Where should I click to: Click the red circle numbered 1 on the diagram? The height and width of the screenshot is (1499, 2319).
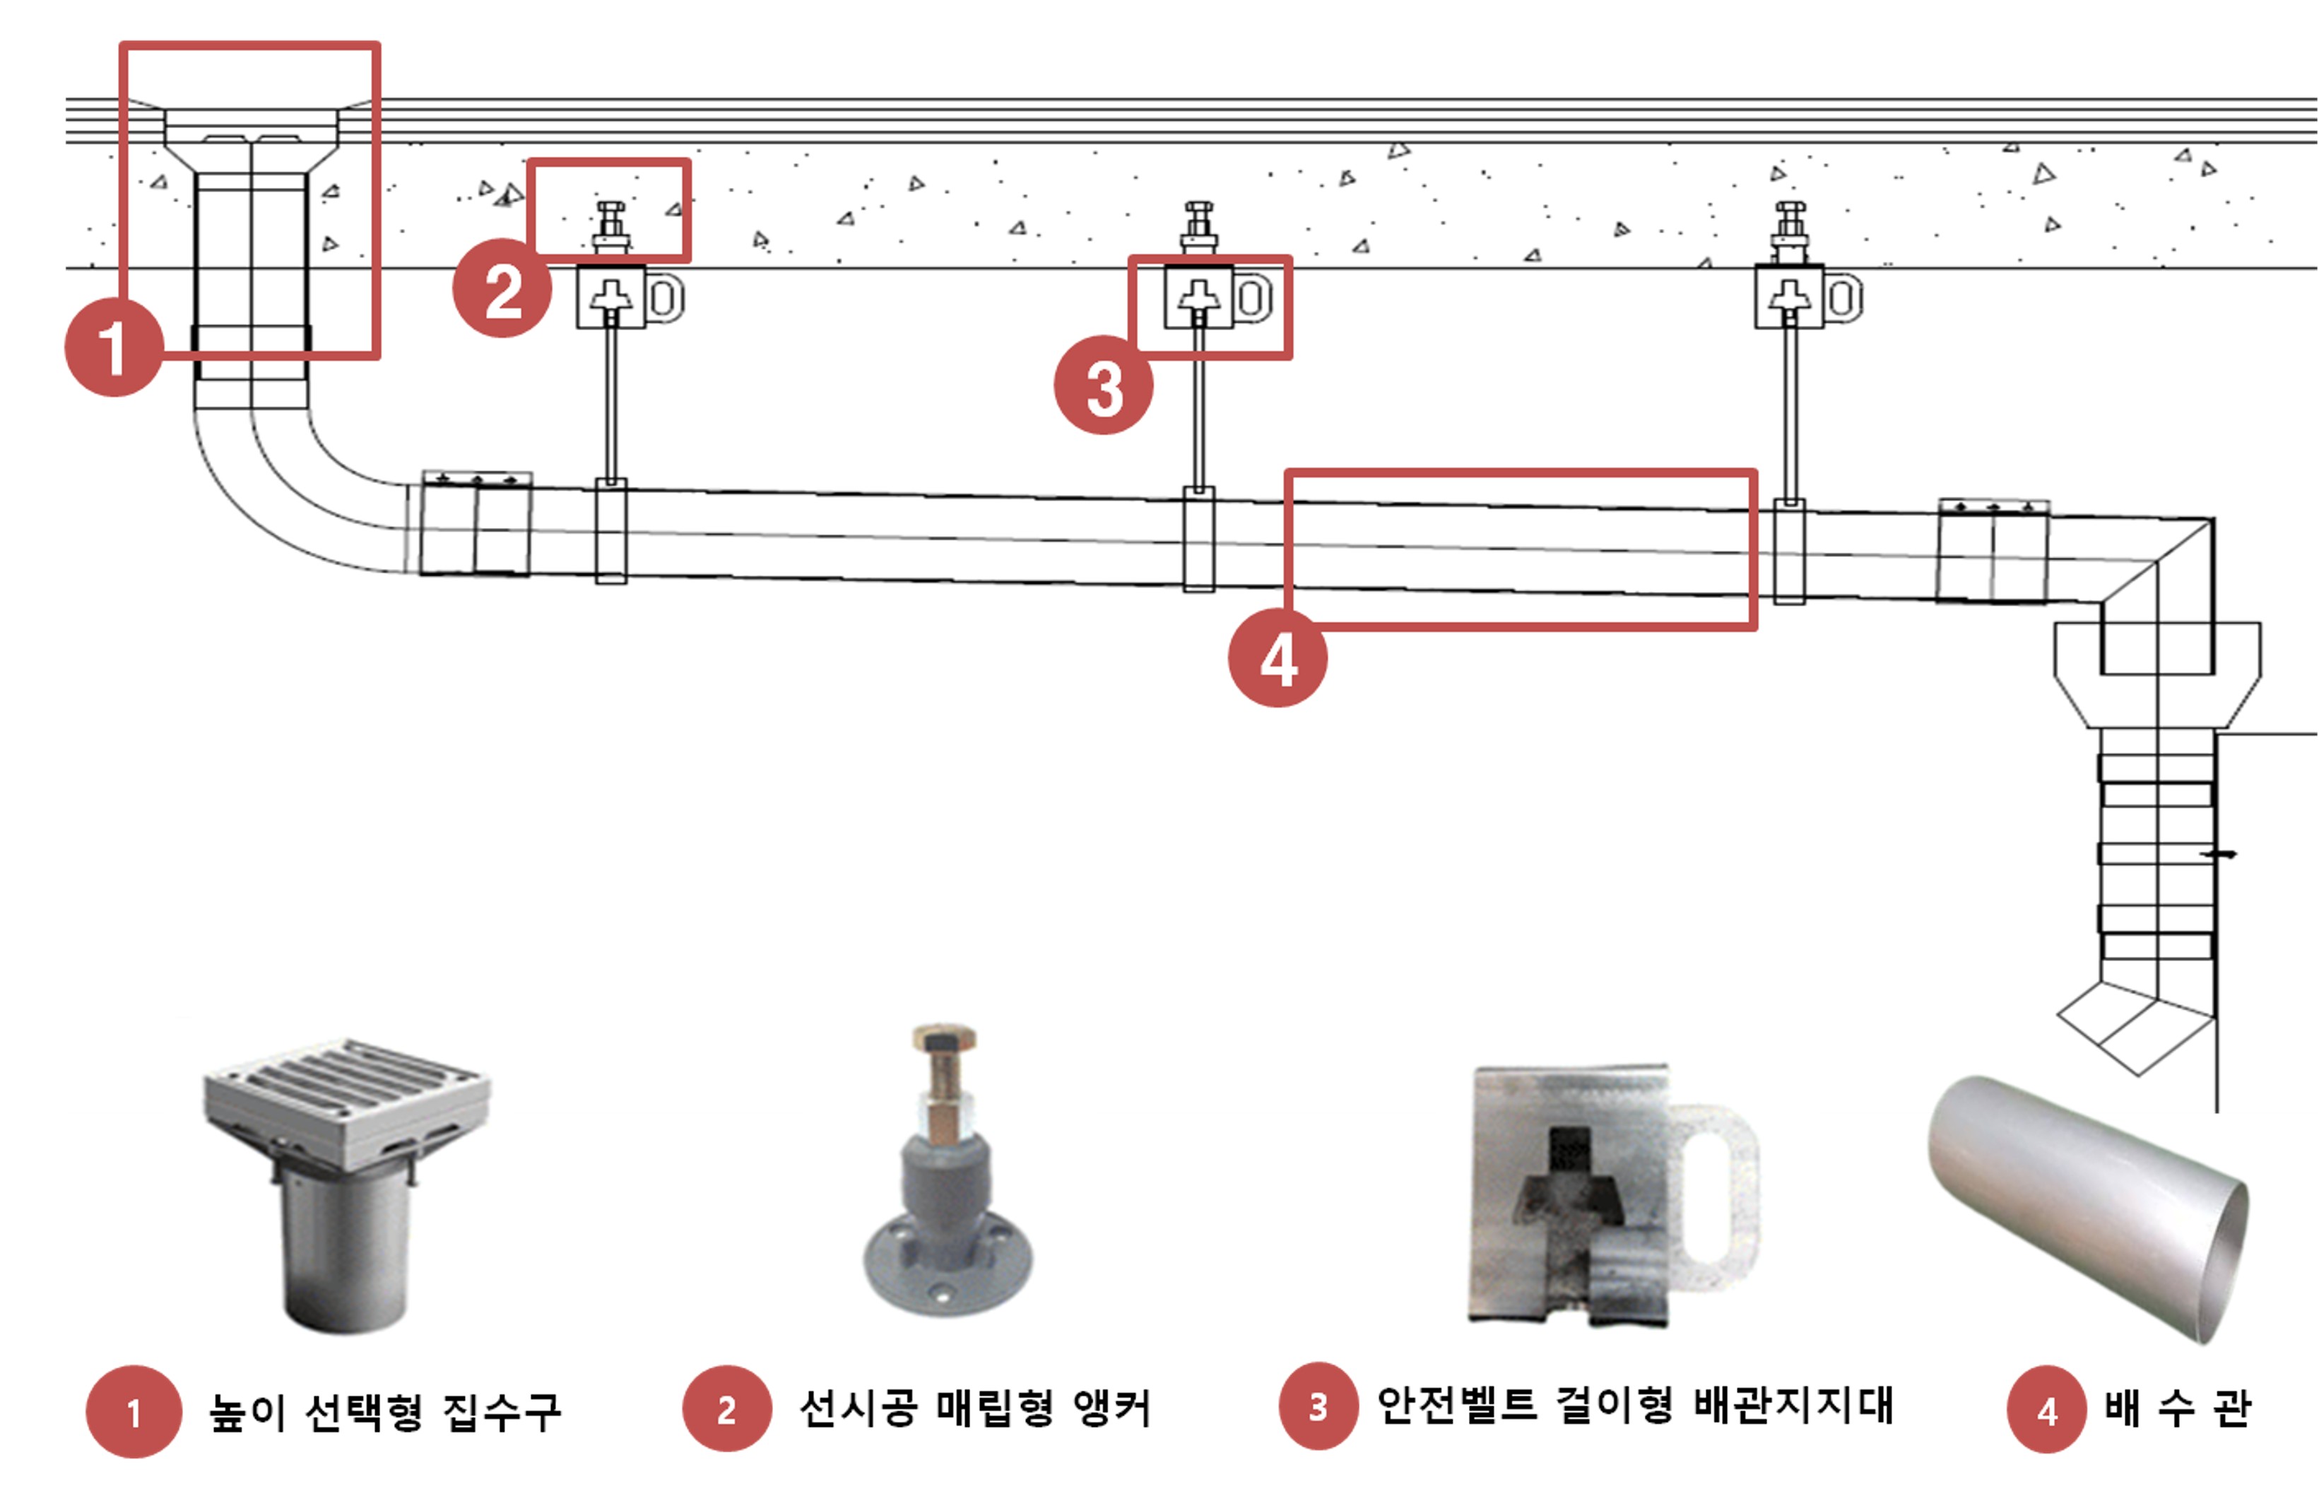coord(114,348)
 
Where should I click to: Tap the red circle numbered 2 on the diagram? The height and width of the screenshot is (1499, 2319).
coord(502,288)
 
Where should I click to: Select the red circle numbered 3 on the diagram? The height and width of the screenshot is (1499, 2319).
coord(1104,385)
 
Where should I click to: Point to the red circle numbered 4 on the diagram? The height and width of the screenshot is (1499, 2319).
coord(1277,658)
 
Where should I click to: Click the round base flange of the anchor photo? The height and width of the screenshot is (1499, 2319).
coord(949,1265)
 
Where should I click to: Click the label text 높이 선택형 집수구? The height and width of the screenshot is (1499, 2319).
coord(384,1411)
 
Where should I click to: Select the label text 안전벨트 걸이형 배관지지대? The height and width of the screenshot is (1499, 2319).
coord(1635,1406)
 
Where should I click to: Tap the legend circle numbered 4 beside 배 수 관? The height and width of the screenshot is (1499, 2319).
coord(2046,1409)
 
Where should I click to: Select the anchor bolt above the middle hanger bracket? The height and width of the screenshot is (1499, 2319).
coord(1198,229)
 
